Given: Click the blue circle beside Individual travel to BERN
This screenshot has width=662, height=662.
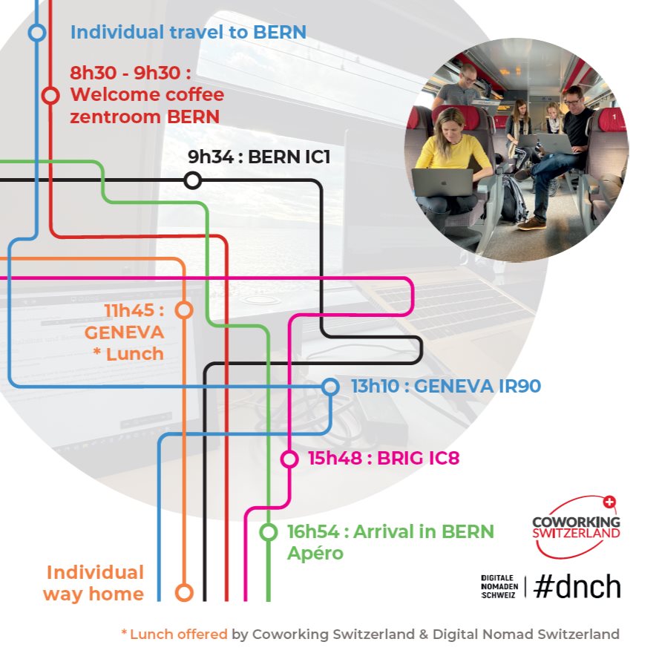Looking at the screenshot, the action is click(x=37, y=33).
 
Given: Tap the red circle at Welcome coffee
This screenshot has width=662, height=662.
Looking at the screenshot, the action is click(x=50, y=96).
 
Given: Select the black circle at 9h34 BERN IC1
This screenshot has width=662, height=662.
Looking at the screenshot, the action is click(x=192, y=180).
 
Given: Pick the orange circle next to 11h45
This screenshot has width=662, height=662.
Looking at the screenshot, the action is click(x=184, y=310).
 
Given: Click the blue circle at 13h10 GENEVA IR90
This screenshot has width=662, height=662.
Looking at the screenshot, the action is click(x=330, y=387).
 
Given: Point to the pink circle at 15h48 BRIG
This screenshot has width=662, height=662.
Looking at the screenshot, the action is click(x=289, y=459).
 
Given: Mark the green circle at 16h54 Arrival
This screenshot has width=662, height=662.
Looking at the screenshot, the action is click(x=268, y=532).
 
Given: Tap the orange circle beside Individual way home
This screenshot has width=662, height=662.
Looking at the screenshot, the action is click(x=184, y=593).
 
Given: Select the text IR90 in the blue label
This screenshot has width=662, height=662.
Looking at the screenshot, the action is click(x=520, y=387).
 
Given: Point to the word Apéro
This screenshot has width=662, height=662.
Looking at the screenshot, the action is click(x=315, y=554).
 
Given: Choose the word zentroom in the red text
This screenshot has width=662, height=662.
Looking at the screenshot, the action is click(x=115, y=117).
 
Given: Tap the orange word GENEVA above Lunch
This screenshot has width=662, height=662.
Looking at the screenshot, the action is click(x=124, y=332).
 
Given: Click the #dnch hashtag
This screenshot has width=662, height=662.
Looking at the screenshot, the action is click(x=577, y=586).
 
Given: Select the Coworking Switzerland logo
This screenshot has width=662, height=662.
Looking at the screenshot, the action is click(x=577, y=527).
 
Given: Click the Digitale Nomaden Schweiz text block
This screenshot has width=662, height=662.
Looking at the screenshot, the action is click(x=499, y=586).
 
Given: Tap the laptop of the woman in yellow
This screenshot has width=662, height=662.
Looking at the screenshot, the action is click(x=442, y=183).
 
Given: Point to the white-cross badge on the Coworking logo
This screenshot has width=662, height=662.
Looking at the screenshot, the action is click(x=609, y=502).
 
